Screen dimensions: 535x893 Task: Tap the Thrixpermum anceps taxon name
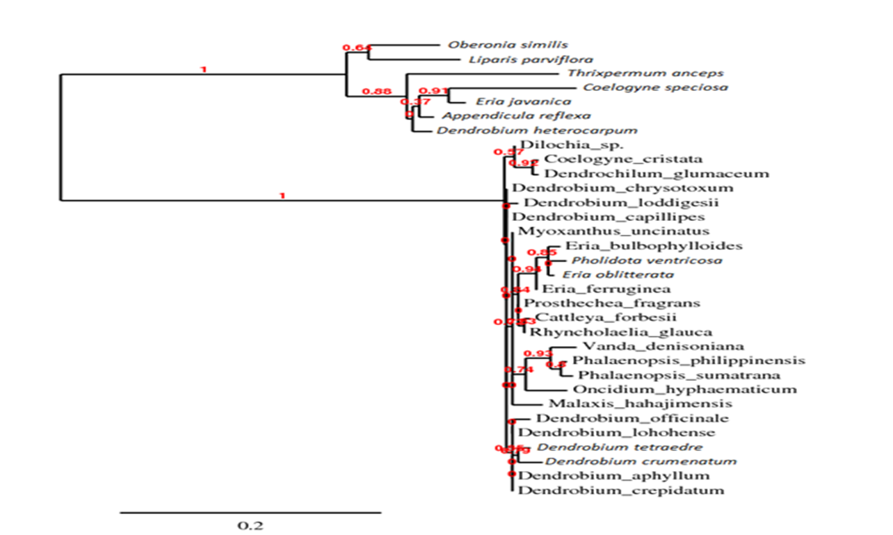pos(645,73)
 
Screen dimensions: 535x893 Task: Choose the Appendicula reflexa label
pos(500,116)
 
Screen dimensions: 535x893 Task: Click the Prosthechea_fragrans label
pos(611,304)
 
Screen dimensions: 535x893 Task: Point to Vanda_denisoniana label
pos(663,346)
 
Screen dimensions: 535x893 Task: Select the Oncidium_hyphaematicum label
pos(685,390)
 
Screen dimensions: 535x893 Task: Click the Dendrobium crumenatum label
pos(641,461)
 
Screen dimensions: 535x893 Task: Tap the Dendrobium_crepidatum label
pos(622,491)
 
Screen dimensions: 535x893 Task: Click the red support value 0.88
pos(378,91)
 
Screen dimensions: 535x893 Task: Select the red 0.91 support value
pos(434,90)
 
